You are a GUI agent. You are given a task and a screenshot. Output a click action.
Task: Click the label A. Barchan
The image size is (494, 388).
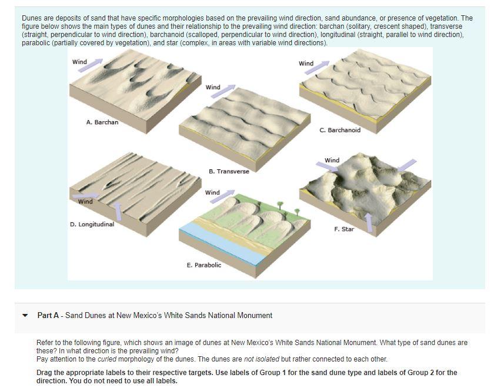click(x=102, y=122)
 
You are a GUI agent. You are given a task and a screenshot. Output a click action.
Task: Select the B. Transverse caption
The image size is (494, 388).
click(x=229, y=171)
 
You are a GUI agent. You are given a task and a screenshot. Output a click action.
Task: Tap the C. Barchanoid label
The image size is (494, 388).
click(x=340, y=130)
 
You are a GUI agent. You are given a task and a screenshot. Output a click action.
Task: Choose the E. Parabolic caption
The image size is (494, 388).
click(x=203, y=265)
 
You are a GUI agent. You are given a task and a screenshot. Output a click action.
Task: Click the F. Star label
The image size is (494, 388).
click(x=343, y=229)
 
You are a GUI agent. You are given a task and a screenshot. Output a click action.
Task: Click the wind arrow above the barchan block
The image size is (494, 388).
click(x=95, y=62)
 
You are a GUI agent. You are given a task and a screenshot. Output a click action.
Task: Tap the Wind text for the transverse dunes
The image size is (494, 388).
click(x=213, y=88)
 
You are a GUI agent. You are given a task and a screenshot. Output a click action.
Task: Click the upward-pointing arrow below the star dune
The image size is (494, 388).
click(x=368, y=222)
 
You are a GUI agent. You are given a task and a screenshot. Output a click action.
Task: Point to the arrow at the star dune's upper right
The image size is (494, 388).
click(x=407, y=165)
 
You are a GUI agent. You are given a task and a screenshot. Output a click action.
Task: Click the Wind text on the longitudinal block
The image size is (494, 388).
click(x=85, y=202)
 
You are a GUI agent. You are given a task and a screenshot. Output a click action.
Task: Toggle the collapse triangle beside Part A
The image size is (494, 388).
click(x=25, y=316)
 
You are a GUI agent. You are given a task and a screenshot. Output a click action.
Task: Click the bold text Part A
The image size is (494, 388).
click(x=48, y=316)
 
